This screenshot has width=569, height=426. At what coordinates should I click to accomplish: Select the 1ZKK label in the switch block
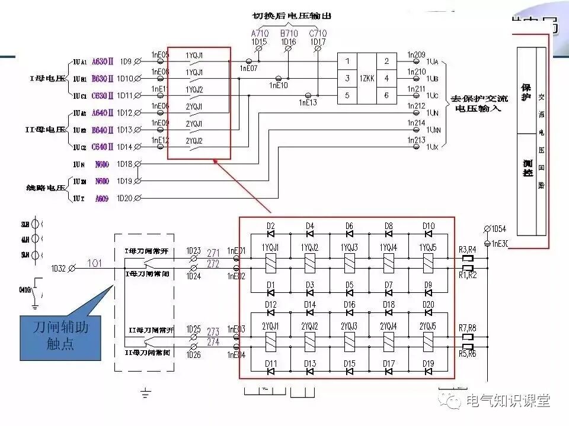(367, 78)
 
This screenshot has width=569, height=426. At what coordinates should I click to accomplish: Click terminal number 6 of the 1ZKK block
(386, 95)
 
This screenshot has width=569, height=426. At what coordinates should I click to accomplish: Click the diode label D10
(429, 225)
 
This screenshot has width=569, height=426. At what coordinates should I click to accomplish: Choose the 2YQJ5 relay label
(428, 326)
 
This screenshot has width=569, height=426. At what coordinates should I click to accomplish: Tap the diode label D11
(271, 363)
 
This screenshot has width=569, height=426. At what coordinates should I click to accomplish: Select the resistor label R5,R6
(467, 354)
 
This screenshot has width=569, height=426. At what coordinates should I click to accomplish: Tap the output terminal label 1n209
(416, 55)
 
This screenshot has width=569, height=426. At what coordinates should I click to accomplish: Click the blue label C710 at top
(318, 34)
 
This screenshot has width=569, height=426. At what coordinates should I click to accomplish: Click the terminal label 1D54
(499, 228)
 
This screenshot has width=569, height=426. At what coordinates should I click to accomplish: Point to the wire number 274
(213, 342)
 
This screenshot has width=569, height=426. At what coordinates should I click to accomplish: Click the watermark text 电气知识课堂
(508, 401)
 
